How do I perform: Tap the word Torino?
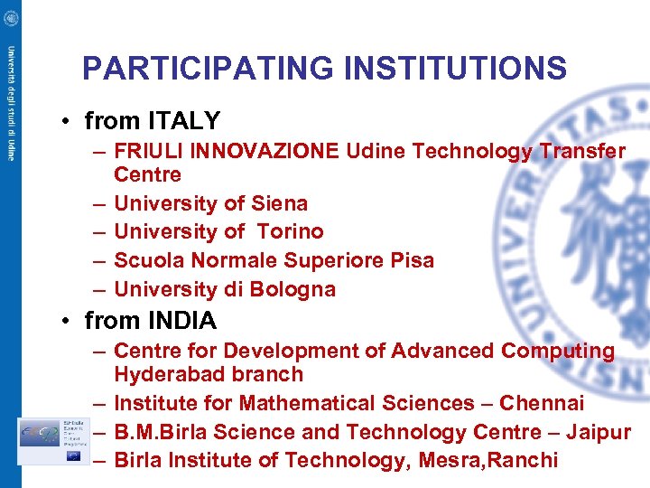290,232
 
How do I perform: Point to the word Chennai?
541,403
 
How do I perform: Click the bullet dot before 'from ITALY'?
69,122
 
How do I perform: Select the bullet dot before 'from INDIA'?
69,322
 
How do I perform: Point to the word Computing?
557,351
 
